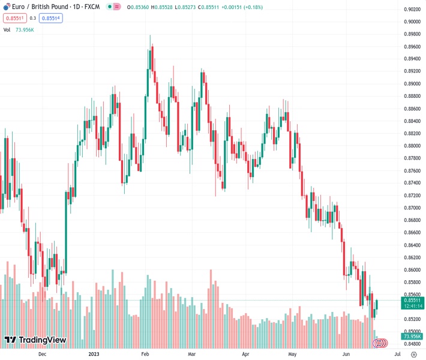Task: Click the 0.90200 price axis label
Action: tap(412, 9)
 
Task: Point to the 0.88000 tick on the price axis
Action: tap(412, 146)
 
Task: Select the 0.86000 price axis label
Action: tap(412, 270)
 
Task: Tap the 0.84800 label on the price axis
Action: tap(412, 344)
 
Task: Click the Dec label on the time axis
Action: tap(42, 355)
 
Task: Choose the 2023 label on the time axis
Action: tap(94, 355)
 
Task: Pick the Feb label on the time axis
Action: tap(145, 355)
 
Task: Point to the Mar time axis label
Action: tap(192, 355)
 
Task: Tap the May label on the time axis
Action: tap(293, 355)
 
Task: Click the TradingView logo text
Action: tap(43, 340)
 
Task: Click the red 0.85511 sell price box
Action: tap(14, 18)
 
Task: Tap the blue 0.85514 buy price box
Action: tap(51, 18)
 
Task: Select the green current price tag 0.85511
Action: tap(413, 299)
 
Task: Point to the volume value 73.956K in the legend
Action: tap(25, 29)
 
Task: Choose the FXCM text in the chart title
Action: tap(92, 7)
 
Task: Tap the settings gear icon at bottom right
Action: tap(413, 355)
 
